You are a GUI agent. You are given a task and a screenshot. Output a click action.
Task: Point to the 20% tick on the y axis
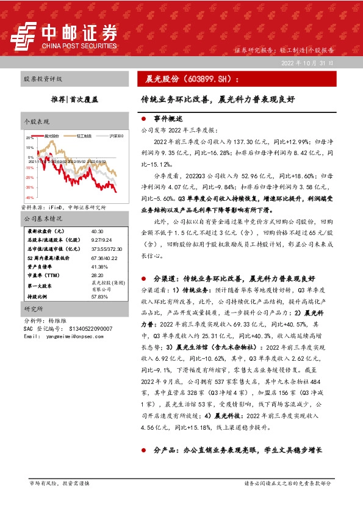pyautogui.click(x=29, y=138)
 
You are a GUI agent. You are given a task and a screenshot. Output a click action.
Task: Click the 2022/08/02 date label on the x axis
pyautogui.click(x=102, y=162)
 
